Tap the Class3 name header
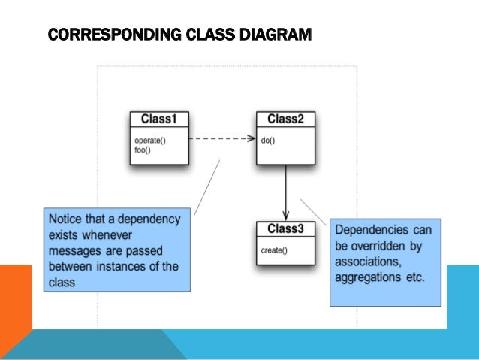285,228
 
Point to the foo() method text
143,149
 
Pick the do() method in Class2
267,141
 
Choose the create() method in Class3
273,249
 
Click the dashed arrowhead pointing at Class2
252,138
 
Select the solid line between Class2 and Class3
285,188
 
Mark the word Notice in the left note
65,219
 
